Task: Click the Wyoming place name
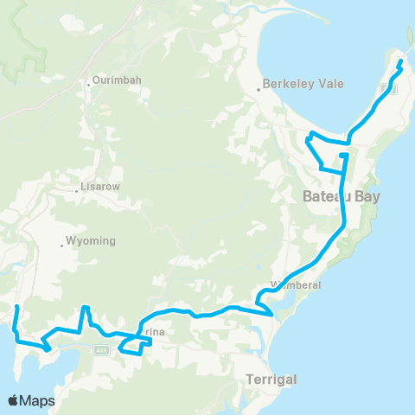tap(93, 241)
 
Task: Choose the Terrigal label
tap(271, 380)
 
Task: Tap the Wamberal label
tap(297, 284)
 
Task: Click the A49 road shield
tap(100, 349)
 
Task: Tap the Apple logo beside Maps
tap(14, 400)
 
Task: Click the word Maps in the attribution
tap(37, 400)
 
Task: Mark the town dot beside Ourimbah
tap(88, 84)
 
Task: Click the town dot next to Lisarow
tap(77, 189)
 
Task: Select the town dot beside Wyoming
tap(62, 246)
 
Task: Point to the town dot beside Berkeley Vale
tap(259, 88)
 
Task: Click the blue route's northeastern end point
tap(400, 62)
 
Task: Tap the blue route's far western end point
tap(16, 307)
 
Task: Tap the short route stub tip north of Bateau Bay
tap(343, 156)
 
